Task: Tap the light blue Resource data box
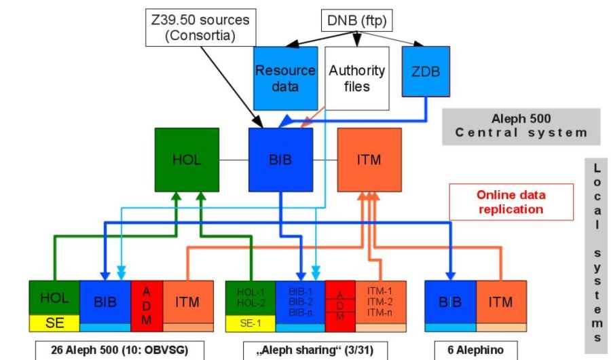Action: [x=285, y=78]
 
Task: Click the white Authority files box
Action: [x=356, y=78]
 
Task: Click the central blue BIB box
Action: [x=280, y=160]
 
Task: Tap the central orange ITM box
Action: [x=368, y=160]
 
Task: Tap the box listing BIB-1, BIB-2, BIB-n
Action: [x=300, y=301]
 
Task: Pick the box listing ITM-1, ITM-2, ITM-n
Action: [x=381, y=301]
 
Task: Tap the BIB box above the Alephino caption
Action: [x=449, y=302]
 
